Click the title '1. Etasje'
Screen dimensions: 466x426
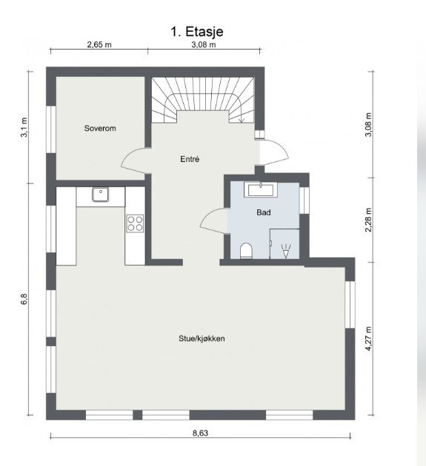click(197, 31)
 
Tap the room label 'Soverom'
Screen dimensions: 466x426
click(99, 128)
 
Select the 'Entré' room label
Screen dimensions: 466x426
click(190, 159)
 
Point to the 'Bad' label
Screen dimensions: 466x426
click(263, 212)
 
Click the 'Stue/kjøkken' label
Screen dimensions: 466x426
click(201, 339)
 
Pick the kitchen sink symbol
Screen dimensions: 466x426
click(101, 195)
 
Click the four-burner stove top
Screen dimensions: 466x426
click(135, 223)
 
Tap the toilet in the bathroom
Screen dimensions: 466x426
click(247, 250)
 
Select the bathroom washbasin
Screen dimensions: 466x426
click(261, 190)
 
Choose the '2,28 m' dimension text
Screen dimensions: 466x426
click(368, 220)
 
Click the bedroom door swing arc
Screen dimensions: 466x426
click(134, 157)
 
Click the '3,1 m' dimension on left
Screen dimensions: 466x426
click(24, 126)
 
